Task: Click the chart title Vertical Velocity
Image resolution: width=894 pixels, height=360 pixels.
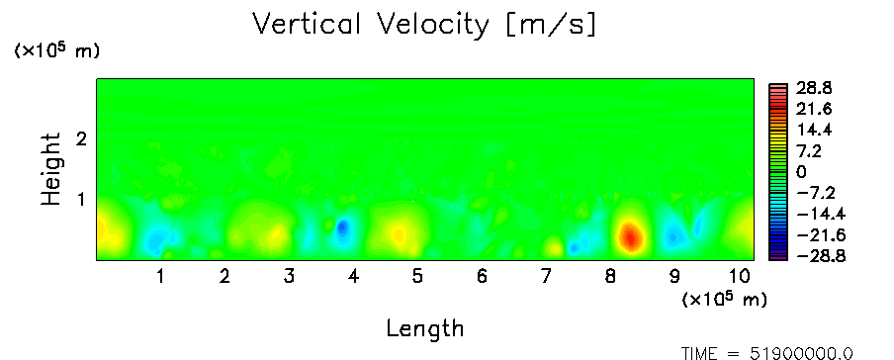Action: [x=370, y=25]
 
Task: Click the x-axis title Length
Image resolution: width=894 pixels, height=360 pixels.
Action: [x=425, y=328]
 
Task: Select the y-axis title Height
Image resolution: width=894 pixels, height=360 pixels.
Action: [x=50, y=169]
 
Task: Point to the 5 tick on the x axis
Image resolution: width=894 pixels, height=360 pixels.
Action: [x=417, y=277]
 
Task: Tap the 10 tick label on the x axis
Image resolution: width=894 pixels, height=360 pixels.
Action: [x=740, y=277]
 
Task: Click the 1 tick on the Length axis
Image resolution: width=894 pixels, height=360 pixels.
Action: [x=161, y=277]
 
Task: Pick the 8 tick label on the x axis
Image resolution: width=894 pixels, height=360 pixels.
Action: [x=610, y=277]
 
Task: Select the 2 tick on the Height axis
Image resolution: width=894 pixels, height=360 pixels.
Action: [x=81, y=138]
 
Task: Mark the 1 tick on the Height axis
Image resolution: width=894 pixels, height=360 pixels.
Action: [x=81, y=200]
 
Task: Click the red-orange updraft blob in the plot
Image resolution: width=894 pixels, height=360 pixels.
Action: [x=630, y=236]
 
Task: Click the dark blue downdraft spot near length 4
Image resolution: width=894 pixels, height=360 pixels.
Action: [x=342, y=228]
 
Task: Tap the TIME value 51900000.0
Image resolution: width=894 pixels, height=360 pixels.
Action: [x=801, y=354]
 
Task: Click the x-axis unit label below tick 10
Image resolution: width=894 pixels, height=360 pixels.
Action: [x=724, y=300]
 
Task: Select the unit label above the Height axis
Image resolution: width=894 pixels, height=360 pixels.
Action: [x=56, y=50]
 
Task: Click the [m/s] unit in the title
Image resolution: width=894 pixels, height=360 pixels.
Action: [x=550, y=26]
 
